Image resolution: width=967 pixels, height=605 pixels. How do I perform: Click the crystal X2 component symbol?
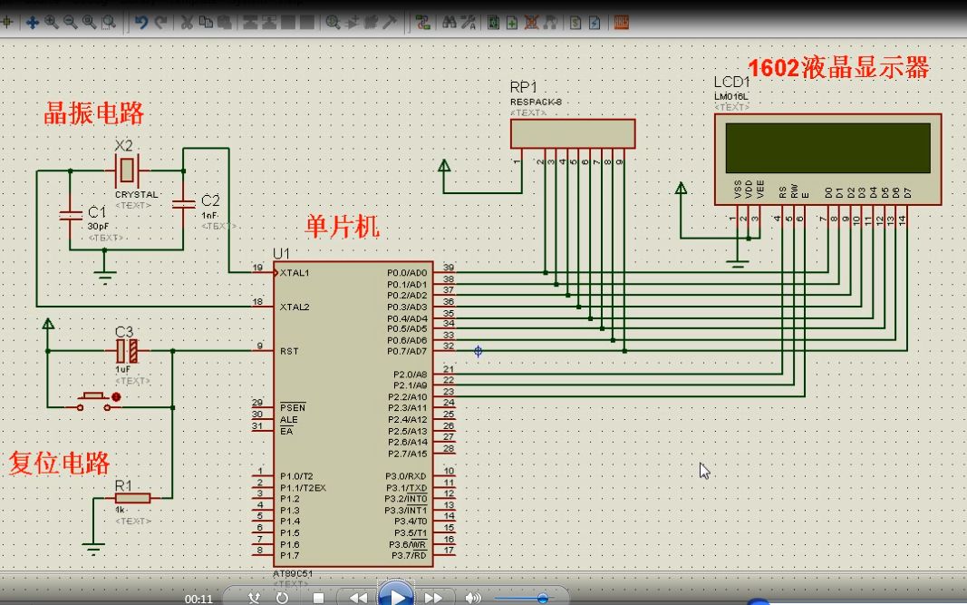pyautogui.click(x=128, y=170)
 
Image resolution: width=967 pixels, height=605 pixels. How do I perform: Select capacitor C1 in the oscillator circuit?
pyautogui.click(x=70, y=215)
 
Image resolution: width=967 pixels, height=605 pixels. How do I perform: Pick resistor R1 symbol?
pyautogui.click(x=132, y=498)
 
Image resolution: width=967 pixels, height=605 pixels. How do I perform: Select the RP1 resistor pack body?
pyautogui.click(x=572, y=133)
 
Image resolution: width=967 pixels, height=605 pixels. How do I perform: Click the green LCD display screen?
pyautogui.click(x=827, y=147)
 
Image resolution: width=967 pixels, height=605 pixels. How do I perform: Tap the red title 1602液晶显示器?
pyautogui.click(x=838, y=68)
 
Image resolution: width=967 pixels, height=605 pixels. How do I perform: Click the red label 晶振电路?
pyautogui.click(x=94, y=114)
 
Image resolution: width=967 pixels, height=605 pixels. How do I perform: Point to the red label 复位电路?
pyautogui.click(x=59, y=464)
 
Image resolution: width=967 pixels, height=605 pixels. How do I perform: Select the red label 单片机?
pyautogui.click(x=343, y=227)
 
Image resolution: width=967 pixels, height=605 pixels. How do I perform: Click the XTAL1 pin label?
pyautogui.click(x=295, y=272)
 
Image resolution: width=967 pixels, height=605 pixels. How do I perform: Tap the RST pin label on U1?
pyautogui.click(x=290, y=351)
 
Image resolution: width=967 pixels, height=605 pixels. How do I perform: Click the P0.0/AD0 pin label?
pyautogui.click(x=406, y=272)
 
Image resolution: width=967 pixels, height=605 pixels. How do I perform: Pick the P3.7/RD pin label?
pyautogui.click(x=408, y=555)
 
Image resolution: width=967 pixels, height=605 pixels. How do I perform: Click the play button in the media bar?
pyautogui.click(x=395, y=596)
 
